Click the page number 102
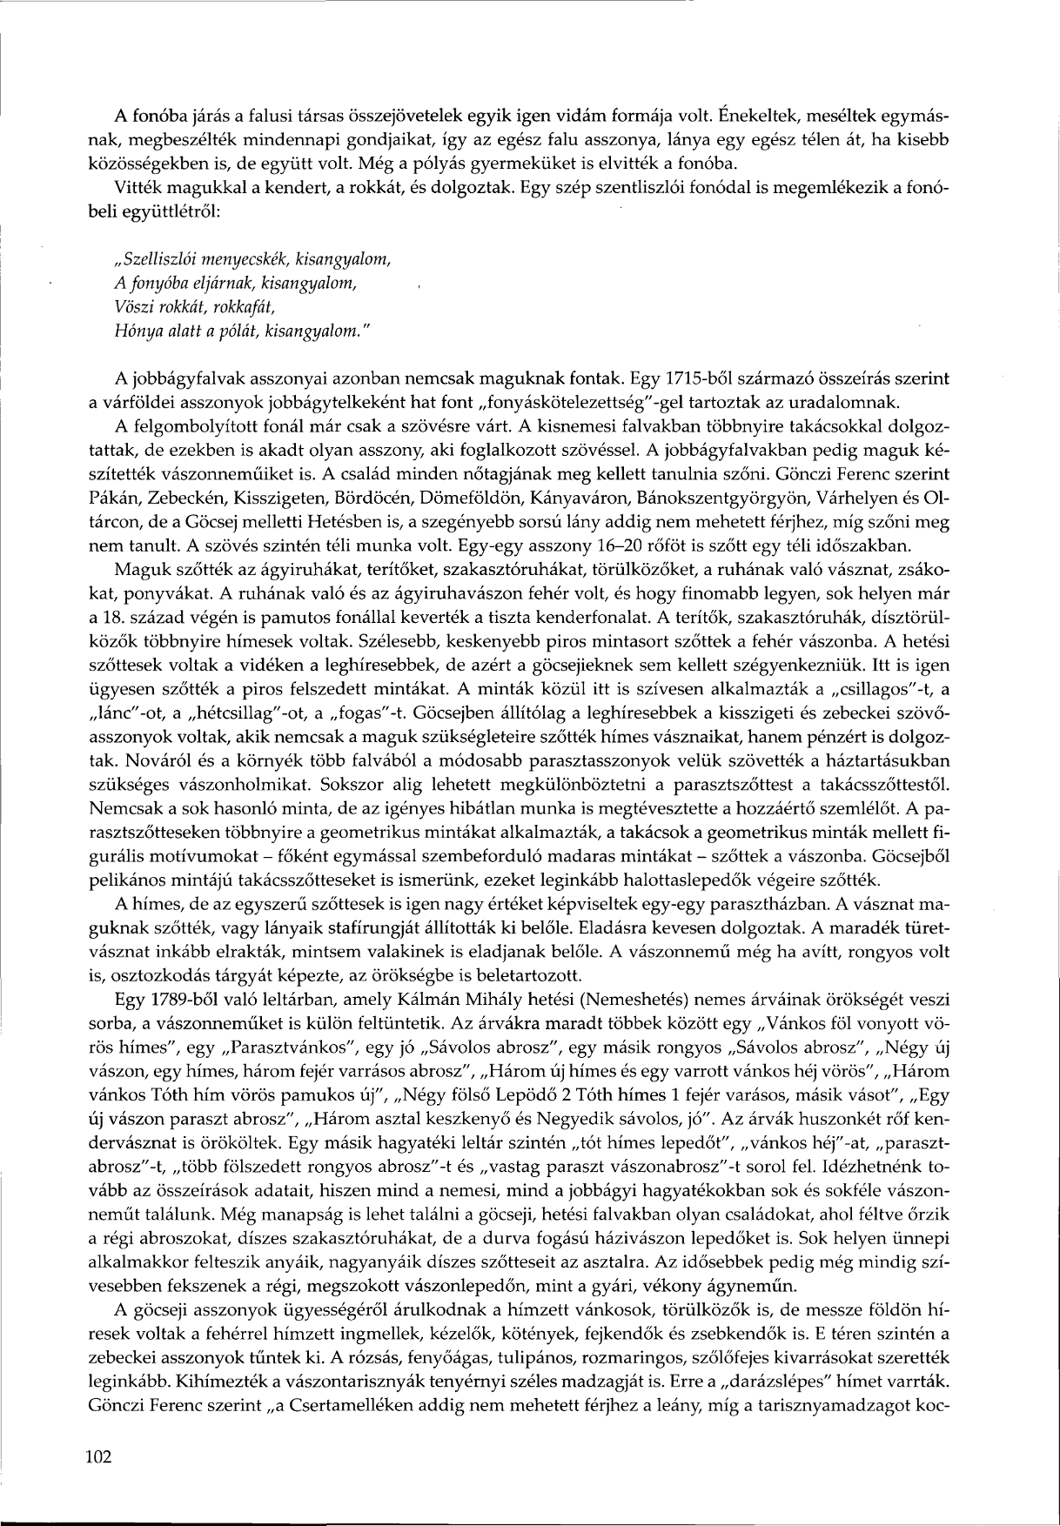tap(100, 1458)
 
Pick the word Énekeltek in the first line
tap(745, 115)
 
